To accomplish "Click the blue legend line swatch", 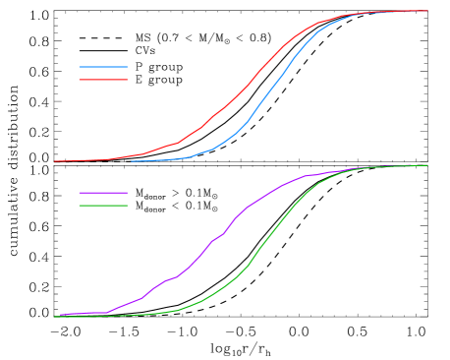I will [x=103, y=67].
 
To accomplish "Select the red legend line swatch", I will [x=103, y=79].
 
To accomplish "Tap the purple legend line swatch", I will [x=103, y=193].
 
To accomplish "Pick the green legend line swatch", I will [x=103, y=205].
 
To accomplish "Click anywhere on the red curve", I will [x=226, y=105].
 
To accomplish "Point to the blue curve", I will [x=265, y=98].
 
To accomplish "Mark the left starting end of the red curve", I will [x=55, y=160].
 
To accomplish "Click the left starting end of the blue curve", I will [x=132, y=160].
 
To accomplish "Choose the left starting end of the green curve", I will [x=55, y=317].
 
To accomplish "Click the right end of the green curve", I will [x=427, y=165].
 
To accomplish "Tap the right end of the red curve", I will [x=427, y=11].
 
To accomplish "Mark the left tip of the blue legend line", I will [x=80, y=67].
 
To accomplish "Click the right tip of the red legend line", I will [x=128, y=79].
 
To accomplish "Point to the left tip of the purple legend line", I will [x=80, y=193].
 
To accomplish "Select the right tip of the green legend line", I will [x=128, y=205].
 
